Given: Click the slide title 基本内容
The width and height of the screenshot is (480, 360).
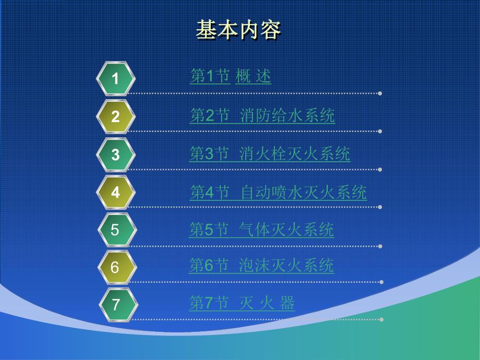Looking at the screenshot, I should click(238, 30).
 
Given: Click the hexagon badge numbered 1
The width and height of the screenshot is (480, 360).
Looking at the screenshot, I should click(116, 79).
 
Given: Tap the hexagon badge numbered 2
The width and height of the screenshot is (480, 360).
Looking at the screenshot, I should click(116, 116).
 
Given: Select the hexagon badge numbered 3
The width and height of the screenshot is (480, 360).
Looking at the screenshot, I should click(116, 154).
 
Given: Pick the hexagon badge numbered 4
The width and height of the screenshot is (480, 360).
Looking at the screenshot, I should click(116, 193).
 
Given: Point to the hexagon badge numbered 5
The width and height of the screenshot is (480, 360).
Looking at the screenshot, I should click(116, 230).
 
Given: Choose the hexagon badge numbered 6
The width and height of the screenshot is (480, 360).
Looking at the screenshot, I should click(116, 268).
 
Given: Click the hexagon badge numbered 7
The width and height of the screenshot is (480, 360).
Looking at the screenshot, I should click(116, 305).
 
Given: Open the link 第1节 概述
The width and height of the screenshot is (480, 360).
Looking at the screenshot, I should click(230, 77).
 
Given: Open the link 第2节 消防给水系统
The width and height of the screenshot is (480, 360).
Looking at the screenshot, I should click(262, 115).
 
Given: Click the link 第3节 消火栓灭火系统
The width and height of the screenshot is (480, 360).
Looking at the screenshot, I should click(269, 153).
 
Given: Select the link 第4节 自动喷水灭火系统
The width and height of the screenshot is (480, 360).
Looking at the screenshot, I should click(278, 193).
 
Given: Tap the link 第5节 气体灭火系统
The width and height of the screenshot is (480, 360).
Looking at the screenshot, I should click(261, 230).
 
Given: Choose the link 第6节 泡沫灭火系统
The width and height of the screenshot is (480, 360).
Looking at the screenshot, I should click(261, 266).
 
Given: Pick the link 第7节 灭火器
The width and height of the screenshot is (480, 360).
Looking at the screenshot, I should click(242, 303).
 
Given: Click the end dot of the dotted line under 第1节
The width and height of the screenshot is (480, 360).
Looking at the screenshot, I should click(380, 94).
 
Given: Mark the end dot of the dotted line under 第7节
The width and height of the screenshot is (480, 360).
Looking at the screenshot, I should click(381, 319).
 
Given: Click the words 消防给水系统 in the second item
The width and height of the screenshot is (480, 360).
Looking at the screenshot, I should click(287, 115).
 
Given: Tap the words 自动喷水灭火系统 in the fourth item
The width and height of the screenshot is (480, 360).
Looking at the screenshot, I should click(304, 193).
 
